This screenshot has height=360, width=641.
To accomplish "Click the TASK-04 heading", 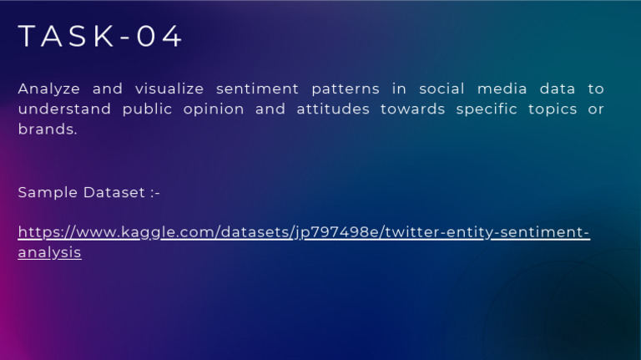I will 100,38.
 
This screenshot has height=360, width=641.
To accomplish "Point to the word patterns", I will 345,89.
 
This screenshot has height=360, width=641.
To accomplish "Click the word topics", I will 555,109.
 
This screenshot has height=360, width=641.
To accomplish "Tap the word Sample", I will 48,193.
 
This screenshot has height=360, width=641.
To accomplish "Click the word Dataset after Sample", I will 114,193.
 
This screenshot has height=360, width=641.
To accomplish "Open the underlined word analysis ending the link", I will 49,251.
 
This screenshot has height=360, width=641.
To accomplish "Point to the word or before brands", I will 596,109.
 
